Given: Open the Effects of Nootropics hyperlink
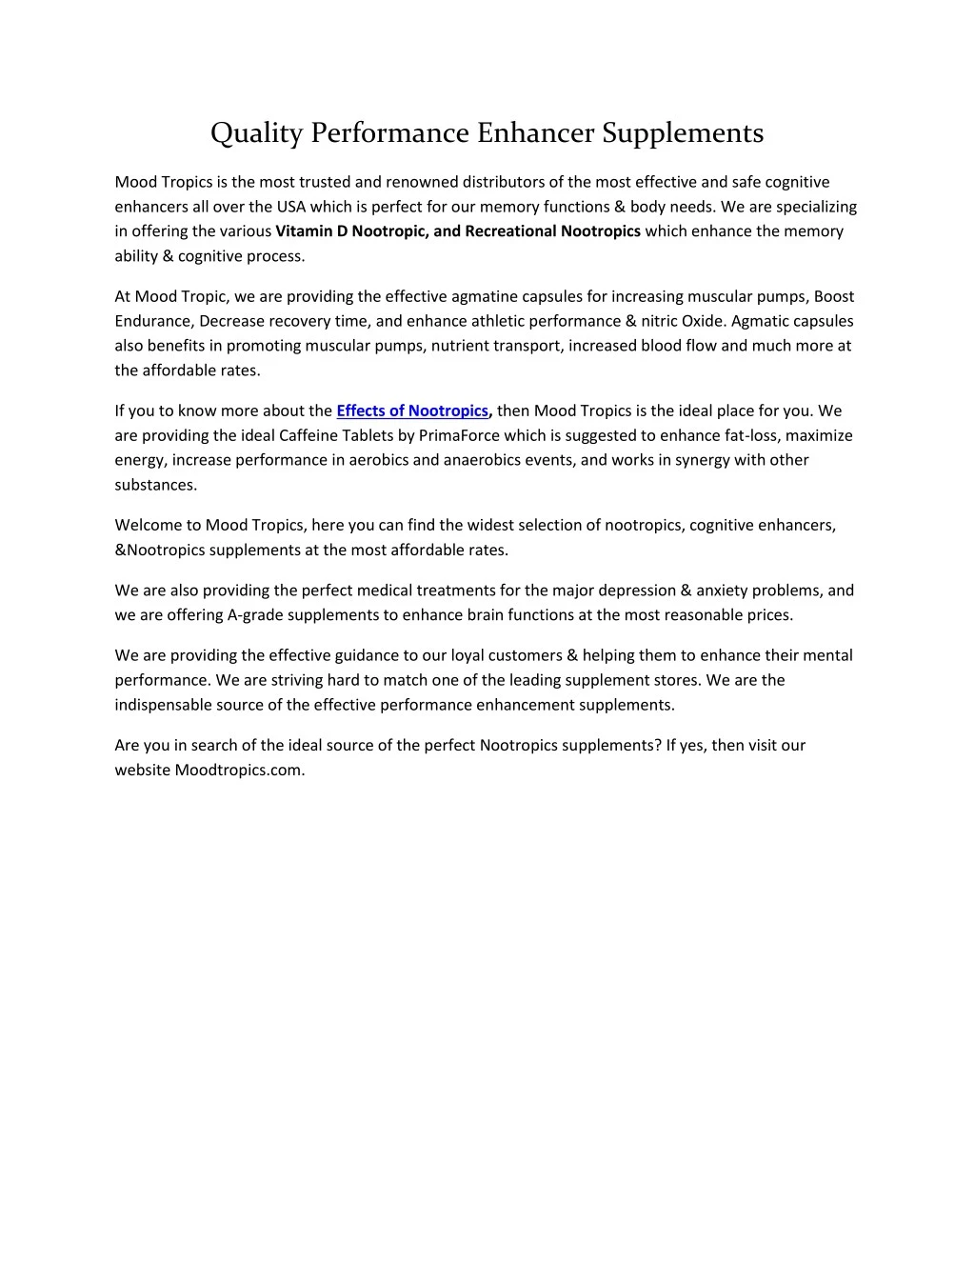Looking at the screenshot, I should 412,411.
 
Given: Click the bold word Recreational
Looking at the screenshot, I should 510,231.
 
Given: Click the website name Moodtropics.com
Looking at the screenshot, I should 239,771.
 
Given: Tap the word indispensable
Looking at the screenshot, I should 164,705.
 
